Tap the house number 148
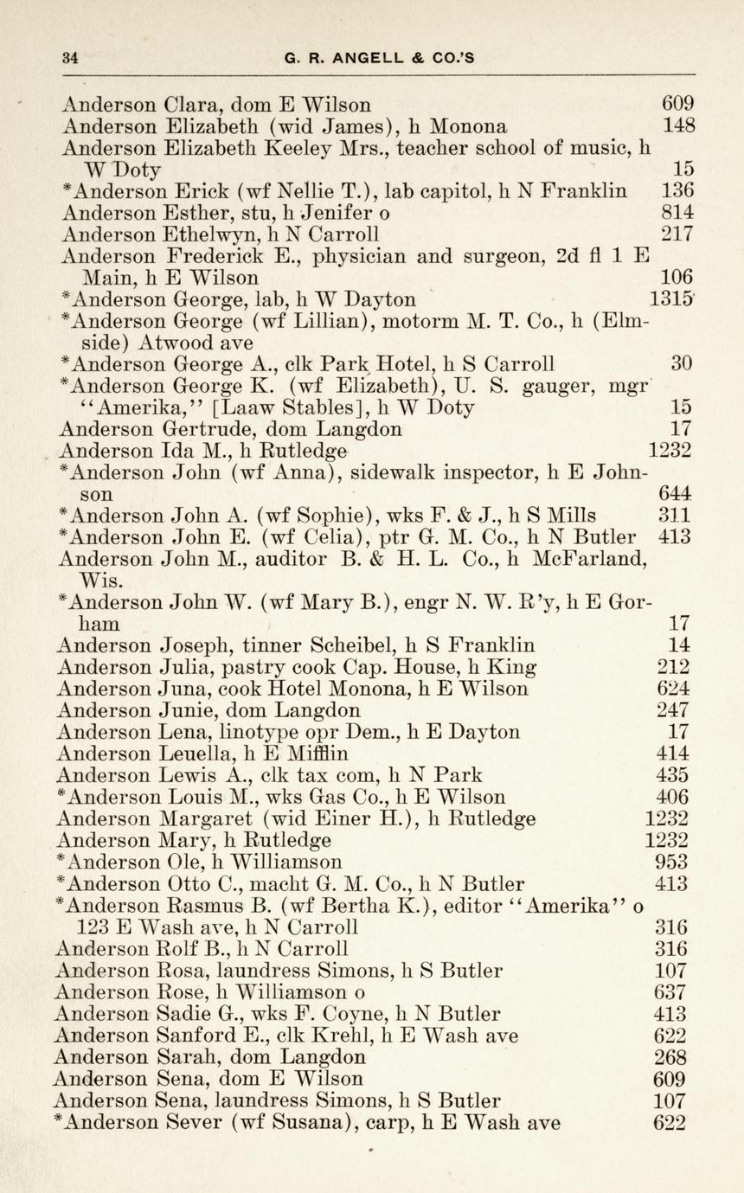679,126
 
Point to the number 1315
672,299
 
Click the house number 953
672,862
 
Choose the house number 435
672,775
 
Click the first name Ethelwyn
210,234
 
